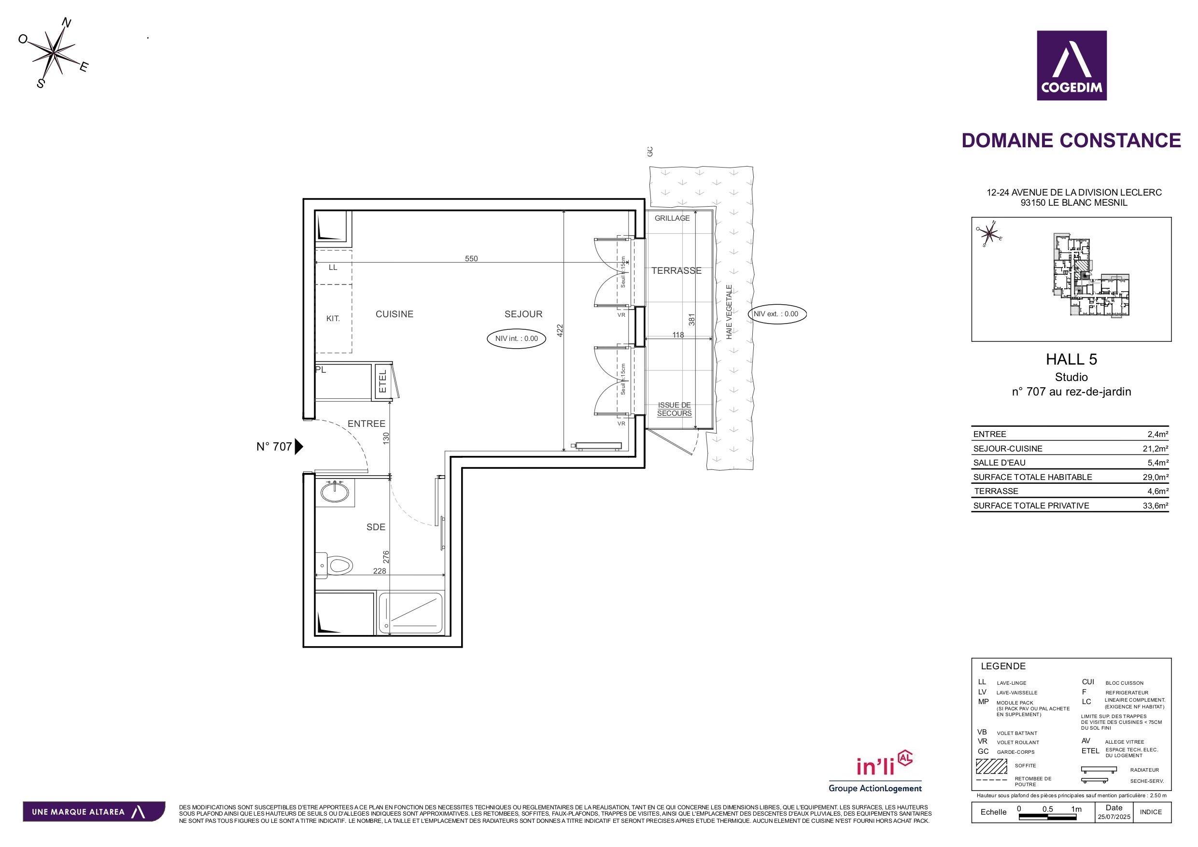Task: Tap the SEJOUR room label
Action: coord(523,314)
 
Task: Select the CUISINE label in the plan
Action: coord(395,314)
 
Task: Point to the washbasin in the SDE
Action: coord(335,492)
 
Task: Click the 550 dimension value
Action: coord(471,259)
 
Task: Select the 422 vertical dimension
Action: coord(560,331)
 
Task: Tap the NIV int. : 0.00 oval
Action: coord(517,339)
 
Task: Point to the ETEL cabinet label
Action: coord(382,381)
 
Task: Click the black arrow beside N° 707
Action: coord(298,447)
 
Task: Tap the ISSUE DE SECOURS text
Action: coord(674,409)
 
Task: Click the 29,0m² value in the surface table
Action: coord(1155,477)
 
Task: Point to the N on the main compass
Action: coord(67,22)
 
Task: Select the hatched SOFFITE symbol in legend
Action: coord(991,765)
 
